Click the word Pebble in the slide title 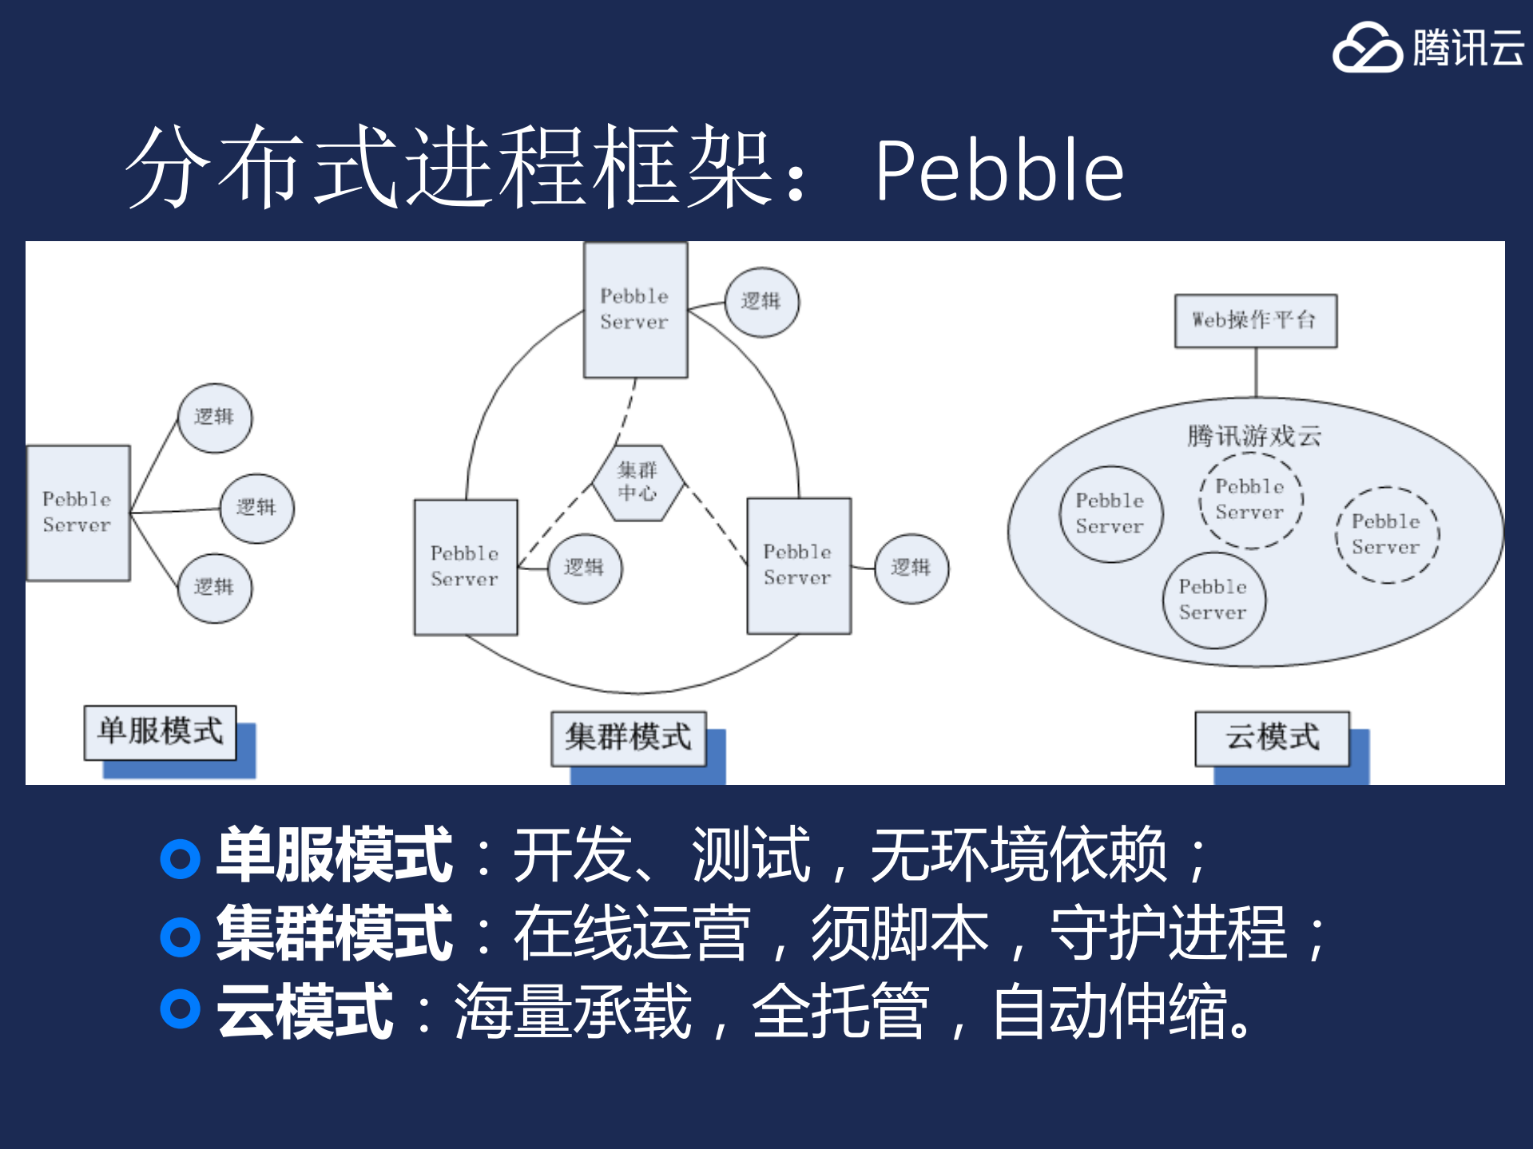(x=999, y=170)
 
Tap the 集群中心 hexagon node (x=637, y=483)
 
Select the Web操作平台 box (x=1255, y=320)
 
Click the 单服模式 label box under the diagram (x=160, y=731)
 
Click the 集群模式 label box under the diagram (x=628, y=738)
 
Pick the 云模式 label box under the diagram (x=1272, y=738)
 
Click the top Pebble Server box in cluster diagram (x=635, y=310)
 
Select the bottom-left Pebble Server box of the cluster (x=465, y=567)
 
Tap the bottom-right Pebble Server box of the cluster (x=798, y=565)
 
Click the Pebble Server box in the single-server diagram (x=77, y=513)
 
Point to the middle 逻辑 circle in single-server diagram (x=256, y=508)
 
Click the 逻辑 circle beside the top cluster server (x=761, y=302)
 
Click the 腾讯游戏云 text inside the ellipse (x=1253, y=436)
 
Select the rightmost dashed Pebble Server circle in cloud (x=1387, y=534)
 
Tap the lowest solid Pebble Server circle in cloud (x=1213, y=600)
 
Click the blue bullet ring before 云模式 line (x=180, y=1008)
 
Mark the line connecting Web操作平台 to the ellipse (x=1256, y=372)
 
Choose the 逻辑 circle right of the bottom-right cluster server (x=911, y=569)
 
